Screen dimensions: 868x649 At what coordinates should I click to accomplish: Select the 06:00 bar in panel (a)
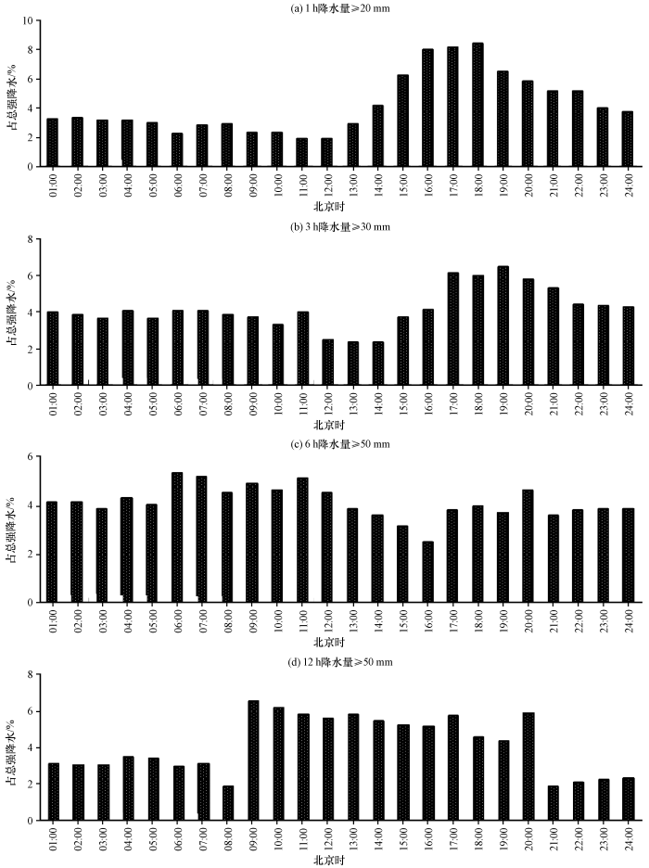pyautogui.click(x=176, y=149)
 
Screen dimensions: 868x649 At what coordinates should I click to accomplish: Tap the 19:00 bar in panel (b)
pyautogui.click(x=503, y=325)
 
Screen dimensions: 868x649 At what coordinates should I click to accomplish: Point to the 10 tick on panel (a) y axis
pyautogui.click(x=30, y=20)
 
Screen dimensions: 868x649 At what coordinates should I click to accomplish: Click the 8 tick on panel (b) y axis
pyautogui.click(x=32, y=239)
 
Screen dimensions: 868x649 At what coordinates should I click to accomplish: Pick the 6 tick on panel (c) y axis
pyautogui.click(x=32, y=457)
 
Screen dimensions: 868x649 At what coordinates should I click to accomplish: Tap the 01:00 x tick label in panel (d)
pyautogui.click(x=53, y=839)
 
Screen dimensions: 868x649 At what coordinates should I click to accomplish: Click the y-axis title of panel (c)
pyautogui.click(x=12, y=529)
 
